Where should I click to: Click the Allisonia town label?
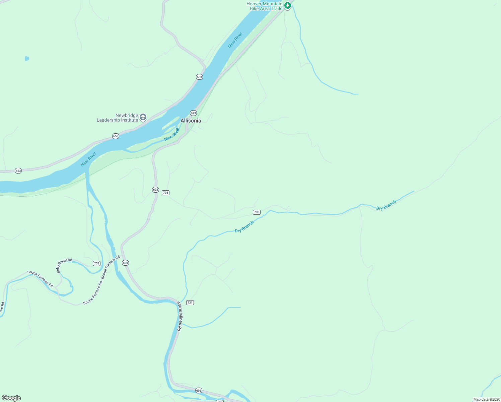(x=191, y=121)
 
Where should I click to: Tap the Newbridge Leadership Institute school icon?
(x=143, y=117)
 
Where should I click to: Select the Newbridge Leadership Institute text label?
(x=118, y=118)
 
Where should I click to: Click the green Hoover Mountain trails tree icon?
(x=287, y=5)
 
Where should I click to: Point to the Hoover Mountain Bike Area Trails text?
(x=265, y=6)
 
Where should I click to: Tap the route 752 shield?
(x=96, y=263)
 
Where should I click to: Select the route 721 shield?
(x=190, y=303)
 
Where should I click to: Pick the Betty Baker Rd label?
(x=64, y=265)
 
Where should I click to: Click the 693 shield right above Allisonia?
(x=193, y=113)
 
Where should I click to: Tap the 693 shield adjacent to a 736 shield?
(x=155, y=190)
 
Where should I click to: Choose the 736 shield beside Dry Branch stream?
(x=257, y=212)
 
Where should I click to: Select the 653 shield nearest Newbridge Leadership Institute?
(x=116, y=136)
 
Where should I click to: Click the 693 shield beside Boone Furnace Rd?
(x=125, y=263)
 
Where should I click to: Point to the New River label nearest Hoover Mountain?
(x=235, y=40)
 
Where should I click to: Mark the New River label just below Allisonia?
(x=172, y=134)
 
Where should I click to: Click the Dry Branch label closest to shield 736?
(x=244, y=227)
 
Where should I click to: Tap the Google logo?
(x=11, y=398)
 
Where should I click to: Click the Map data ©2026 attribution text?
(x=487, y=399)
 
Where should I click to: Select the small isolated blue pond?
(x=27, y=59)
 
